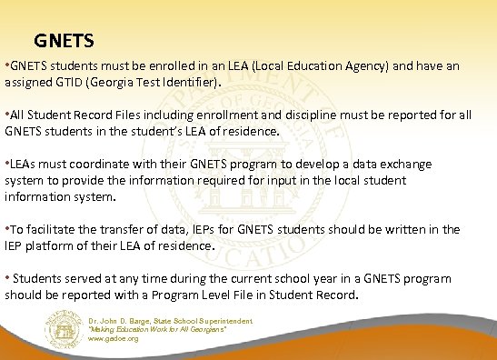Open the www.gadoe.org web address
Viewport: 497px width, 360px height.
pos(114,338)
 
